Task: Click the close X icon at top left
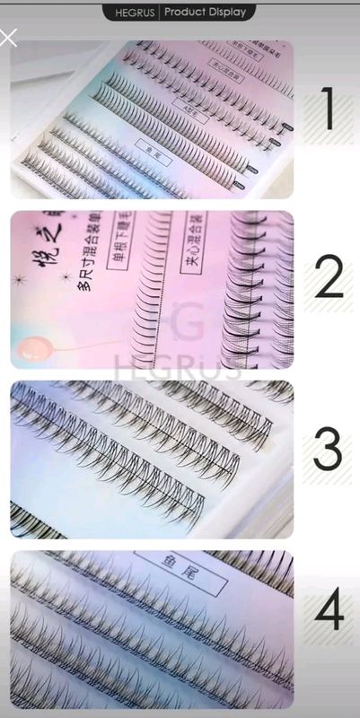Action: click(x=8, y=38)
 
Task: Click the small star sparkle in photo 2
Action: click(x=65, y=276)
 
